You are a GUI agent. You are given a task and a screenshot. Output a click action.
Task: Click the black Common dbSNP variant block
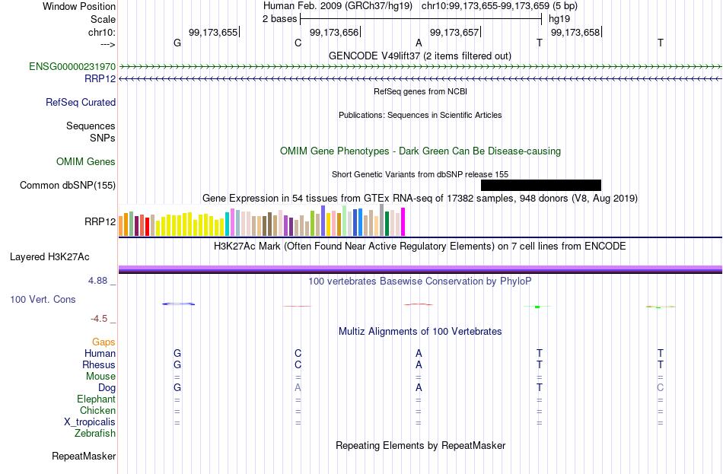(x=541, y=185)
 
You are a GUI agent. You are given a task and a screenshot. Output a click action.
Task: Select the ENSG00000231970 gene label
(x=72, y=66)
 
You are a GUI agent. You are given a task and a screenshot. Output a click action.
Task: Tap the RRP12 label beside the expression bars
(x=100, y=222)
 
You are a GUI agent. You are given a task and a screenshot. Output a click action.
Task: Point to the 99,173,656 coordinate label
(x=334, y=32)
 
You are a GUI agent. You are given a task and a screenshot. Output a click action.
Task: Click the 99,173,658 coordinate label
(x=575, y=32)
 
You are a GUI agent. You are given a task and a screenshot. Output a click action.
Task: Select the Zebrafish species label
(x=95, y=434)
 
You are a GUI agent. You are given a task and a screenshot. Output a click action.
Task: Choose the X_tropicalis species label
(x=90, y=422)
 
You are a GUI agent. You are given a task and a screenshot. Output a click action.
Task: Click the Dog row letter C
(x=661, y=388)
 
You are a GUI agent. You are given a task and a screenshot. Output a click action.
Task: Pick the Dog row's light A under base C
(x=298, y=388)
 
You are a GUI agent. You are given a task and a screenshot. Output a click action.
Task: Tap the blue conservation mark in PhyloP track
(x=178, y=304)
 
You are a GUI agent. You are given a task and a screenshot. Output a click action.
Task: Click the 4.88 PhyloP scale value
(x=97, y=281)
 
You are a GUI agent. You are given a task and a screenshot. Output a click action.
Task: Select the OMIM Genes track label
(x=86, y=162)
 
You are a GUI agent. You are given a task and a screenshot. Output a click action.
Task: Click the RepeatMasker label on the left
(x=84, y=456)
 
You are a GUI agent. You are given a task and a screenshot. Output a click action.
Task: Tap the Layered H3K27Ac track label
(x=49, y=257)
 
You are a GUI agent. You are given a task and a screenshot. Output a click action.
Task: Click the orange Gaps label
(x=104, y=342)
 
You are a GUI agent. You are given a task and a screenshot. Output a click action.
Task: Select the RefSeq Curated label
(x=81, y=103)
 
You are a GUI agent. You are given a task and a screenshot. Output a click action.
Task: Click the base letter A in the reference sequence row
(x=419, y=43)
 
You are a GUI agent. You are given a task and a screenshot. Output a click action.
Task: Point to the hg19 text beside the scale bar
(x=559, y=19)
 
